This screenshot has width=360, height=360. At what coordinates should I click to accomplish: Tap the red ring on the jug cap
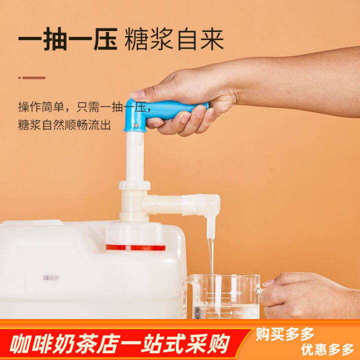(x=135, y=247)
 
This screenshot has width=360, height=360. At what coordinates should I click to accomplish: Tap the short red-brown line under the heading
(x=32, y=77)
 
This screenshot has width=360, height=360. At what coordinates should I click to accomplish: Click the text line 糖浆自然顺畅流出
(x=64, y=125)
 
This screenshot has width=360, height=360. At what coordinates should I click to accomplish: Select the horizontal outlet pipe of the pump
(x=170, y=204)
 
